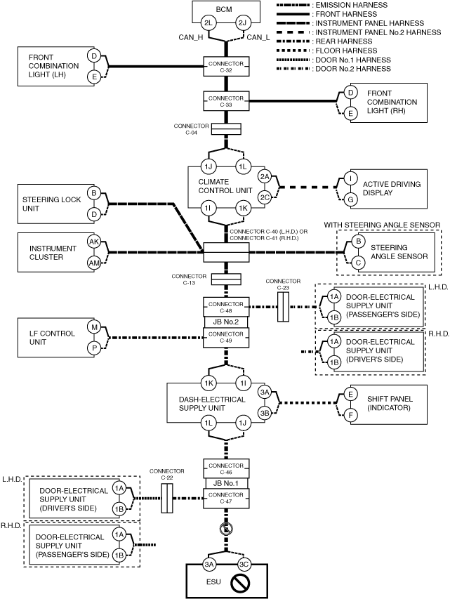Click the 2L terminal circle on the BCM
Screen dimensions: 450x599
pyautogui.click(x=209, y=23)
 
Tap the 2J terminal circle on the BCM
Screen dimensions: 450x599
pyautogui.click(x=243, y=23)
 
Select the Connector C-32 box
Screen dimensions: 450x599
pyautogui.click(x=226, y=67)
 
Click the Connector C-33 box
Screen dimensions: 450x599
pyautogui.click(x=226, y=101)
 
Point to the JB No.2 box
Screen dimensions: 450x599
pyautogui.click(x=226, y=322)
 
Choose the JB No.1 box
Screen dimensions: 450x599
pyautogui.click(x=226, y=483)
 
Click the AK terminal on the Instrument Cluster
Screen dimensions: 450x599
pyautogui.click(x=94, y=242)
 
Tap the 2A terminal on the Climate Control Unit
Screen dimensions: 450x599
pyautogui.click(x=265, y=176)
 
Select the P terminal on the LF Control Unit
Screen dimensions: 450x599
pyautogui.click(x=94, y=348)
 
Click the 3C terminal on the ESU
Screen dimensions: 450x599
pyautogui.click(x=244, y=564)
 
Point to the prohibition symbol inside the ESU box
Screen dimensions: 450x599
pyautogui.click(x=241, y=583)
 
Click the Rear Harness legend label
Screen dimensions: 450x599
pyautogui.click(x=344, y=41)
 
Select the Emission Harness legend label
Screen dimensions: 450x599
pyautogui.click(x=352, y=5)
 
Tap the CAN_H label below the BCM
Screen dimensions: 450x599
pyautogui.click(x=191, y=37)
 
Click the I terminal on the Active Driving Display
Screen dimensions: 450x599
pyautogui.click(x=351, y=178)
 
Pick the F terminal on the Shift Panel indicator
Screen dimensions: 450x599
pyautogui.click(x=351, y=416)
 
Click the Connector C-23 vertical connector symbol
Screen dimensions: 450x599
pyautogui.click(x=283, y=307)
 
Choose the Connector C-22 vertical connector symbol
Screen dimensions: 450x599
pyautogui.click(x=167, y=498)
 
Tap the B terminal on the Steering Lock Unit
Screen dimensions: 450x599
pyautogui.click(x=94, y=193)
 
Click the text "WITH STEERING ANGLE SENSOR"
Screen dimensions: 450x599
pyautogui.click(x=382, y=225)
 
